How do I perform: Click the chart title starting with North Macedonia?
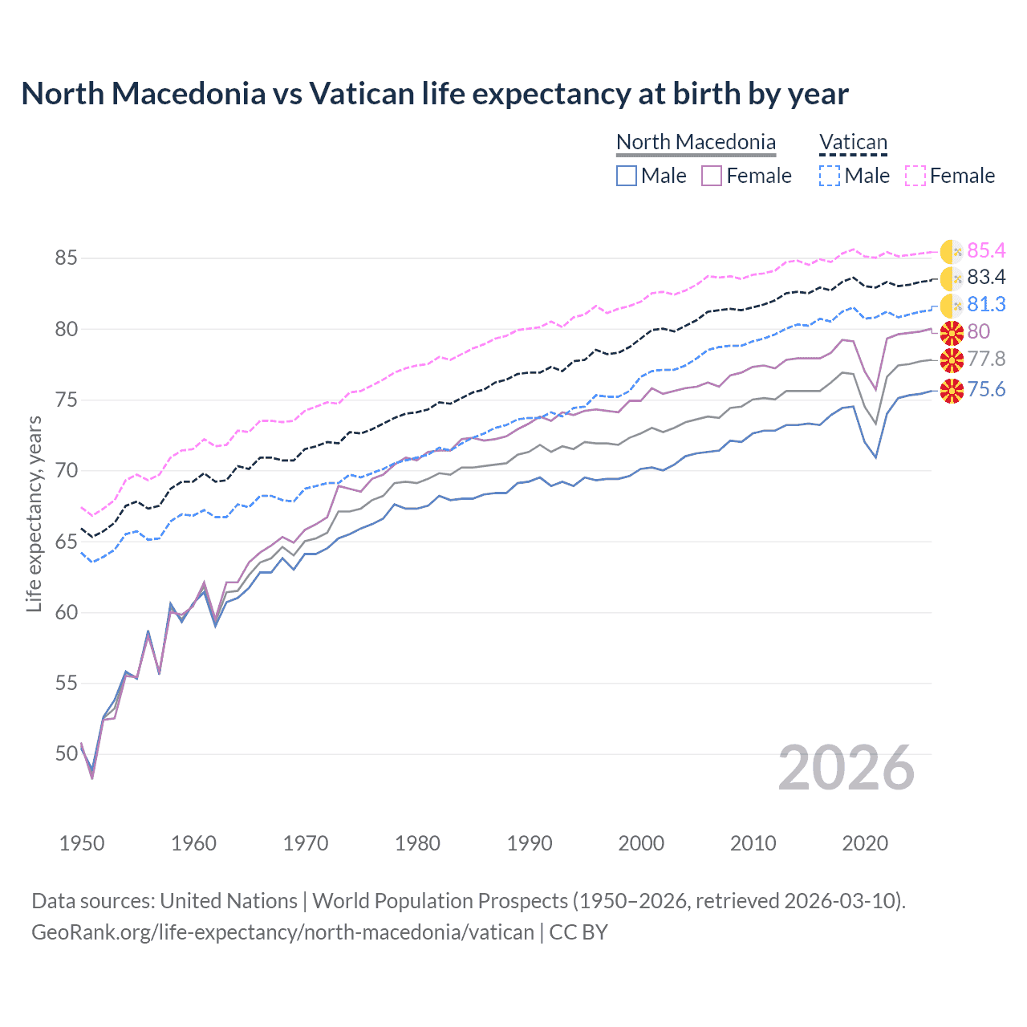pyautogui.click(x=434, y=94)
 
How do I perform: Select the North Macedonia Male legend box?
pyautogui.click(x=627, y=176)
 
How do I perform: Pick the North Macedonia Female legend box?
pyautogui.click(x=712, y=176)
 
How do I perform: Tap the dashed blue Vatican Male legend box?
pyautogui.click(x=830, y=176)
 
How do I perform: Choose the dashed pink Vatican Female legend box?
pyautogui.click(x=915, y=176)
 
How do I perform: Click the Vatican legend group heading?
pyautogui.click(x=853, y=143)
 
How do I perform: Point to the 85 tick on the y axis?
pyautogui.click(x=66, y=258)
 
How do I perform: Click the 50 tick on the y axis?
pyautogui.click(x=66, y=754)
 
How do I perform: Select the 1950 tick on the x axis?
pyautogui.click(x=82, y=843)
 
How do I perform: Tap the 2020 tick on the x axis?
pyautogui.click(x=865, y=843)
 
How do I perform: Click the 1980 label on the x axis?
pyautogui.click(x=417, y=843)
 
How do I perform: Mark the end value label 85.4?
pyautogui.click(x=986, y=251)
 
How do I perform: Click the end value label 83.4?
pyautogui.click(x=986, y=278)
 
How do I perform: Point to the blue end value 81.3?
pyautogui.click(x=986, y=305)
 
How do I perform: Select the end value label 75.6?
pyautogui.click(x=986, y=390)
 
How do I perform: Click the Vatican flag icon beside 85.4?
pyautogui.click(x=952, y=252)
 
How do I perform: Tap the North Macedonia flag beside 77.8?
pyautogui.click(x=952, y=359)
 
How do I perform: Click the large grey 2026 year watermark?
pyautogui.click(x=846, y=768)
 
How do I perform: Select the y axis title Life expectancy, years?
pyautogui.click(x=34, y=513)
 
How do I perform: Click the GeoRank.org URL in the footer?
pyautogui.click(x=282, y=932)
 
